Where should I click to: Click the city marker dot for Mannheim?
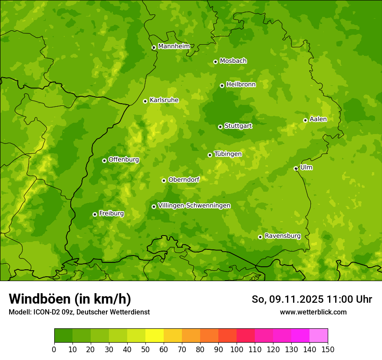click(154, 48)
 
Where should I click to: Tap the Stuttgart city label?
click(238, 126)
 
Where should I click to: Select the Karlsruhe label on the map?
click(164, 100)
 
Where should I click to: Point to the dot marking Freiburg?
click(95, 214)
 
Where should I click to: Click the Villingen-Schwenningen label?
click(194, 206)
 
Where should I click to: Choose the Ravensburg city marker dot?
click(260, 237)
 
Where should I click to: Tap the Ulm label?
click(306, 167)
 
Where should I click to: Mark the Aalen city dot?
click(305, 120)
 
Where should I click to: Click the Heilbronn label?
click(241, 85)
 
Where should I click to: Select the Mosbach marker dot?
click(215, 62)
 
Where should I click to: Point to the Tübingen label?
click(228, 154)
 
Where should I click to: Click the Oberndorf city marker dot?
click(164, 180)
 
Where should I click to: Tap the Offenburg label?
click(124, 160)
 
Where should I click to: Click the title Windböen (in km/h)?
click(70, 299)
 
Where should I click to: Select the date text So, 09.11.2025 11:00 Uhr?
click(312, 299)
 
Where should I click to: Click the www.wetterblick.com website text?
click(313, 312)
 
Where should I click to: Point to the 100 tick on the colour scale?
click(237, 349)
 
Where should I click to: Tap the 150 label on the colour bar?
click(328, 349)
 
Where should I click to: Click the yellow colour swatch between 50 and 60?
click(155, 336)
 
